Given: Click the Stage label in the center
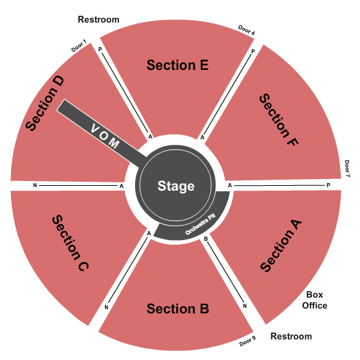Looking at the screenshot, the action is coord(176,186).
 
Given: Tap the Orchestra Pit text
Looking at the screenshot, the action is coord(200,224).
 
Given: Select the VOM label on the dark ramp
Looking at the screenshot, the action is coord(105,136).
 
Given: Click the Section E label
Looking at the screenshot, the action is coord(178,65).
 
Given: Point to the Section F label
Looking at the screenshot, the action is coord(278,119).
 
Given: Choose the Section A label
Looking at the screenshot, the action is coord(281,245).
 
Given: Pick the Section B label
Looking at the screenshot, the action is coord(178,309).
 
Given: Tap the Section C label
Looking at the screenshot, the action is coord(70,243).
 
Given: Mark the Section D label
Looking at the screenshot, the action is coord(45,104).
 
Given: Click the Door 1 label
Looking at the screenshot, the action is coord(79,46).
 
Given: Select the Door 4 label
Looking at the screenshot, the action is coord(246,30).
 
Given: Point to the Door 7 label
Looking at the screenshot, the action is coord(347,169).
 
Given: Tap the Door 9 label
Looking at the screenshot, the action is coord(248,341).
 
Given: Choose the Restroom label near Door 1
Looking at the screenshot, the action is coord(99,19).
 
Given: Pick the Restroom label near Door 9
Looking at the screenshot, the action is coord(291,337).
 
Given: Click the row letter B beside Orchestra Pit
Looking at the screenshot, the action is coord(206,239).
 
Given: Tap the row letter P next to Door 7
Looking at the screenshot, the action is coord(328,185).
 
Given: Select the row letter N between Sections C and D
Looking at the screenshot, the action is coord(35,185).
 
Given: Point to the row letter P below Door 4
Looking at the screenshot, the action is coord(253,51).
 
